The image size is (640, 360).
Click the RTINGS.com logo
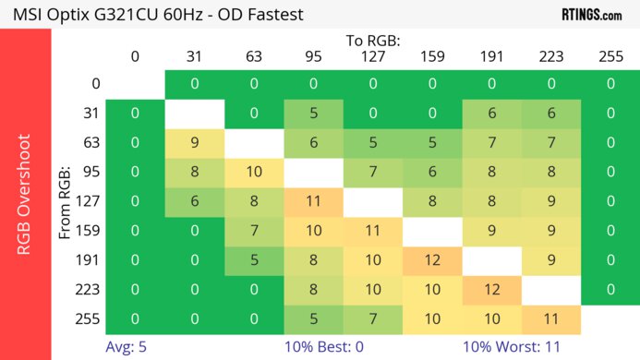point(592,14)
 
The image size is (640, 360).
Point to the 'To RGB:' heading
point(373,41)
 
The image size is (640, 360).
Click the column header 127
point(373,56)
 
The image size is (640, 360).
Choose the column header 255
point(610,56)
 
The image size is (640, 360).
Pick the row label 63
point(90,143)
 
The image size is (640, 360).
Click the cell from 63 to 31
point(194,143)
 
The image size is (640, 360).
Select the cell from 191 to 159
point(432,260)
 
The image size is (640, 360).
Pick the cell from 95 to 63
point(254,173)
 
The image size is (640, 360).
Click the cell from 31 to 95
point(313,114)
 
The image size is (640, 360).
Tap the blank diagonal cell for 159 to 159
point(432,231)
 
